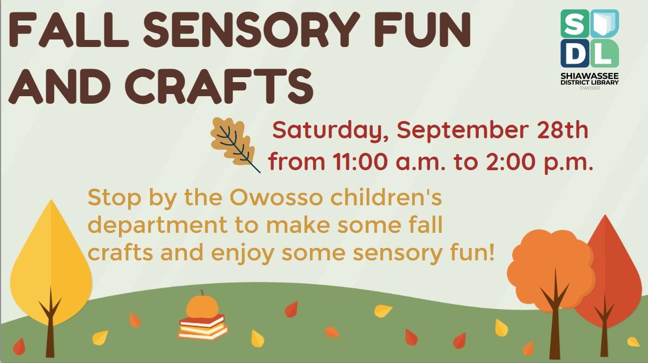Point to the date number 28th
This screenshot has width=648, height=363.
click(561, 130)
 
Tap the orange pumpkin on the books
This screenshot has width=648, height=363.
click(202, 306)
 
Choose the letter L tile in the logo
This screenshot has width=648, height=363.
click(605, 53)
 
